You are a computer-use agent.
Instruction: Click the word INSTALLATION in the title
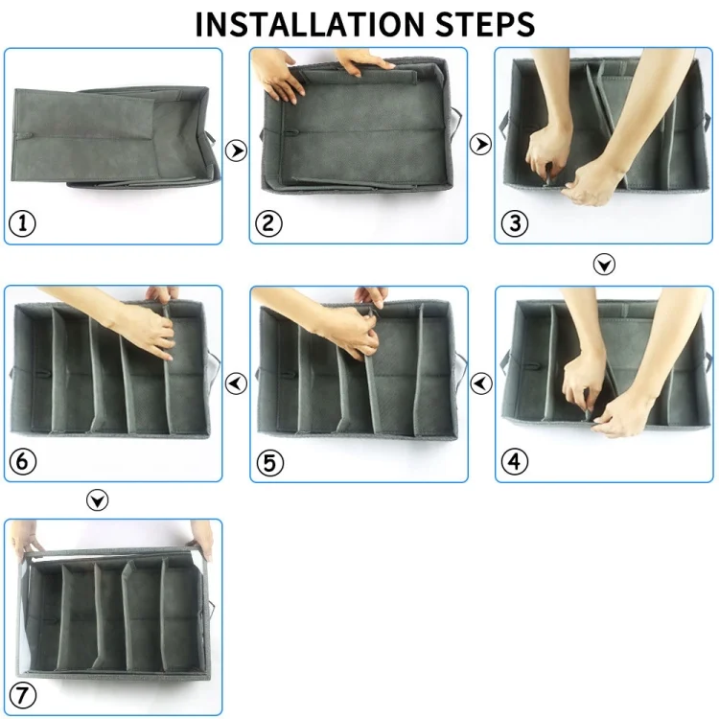click(x=310, y=24)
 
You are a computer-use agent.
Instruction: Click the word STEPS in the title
click(x=485, y=24)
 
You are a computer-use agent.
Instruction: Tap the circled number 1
click(x=22, y=223)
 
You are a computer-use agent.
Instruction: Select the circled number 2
click(x=268, y=223)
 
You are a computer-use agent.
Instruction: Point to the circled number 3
click(x=515, y=223)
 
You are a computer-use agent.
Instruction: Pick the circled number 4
click(x=515, y=461)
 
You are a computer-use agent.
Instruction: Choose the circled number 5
click(x=270, y=462)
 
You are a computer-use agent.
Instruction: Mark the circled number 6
click(x=22, y=461)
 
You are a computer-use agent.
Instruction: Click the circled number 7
click(x=22, y=695)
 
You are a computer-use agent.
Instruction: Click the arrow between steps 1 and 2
click(x=236, y=151)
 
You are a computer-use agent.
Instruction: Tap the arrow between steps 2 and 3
click(x=480, y=145)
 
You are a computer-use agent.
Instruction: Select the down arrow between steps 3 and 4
click(x=604, y=265)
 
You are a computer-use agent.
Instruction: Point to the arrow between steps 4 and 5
click(x=481, y=383)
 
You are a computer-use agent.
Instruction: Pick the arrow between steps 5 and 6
click(x=236, y=383)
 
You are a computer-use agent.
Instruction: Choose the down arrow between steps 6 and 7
click(x=97, y=499)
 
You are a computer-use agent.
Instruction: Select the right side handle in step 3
click(x=707, y=122)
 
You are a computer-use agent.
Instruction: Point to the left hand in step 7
click(x=26, y=538)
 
